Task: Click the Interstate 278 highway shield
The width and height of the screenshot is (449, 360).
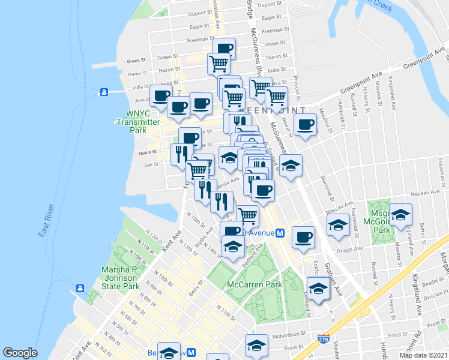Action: (323, 339)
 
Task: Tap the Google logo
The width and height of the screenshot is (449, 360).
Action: (20, 353)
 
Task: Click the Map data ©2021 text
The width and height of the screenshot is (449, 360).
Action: (424, 355)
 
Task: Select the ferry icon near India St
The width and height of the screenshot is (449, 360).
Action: (104, 92)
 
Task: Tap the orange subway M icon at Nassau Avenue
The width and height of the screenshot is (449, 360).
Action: (279, 233)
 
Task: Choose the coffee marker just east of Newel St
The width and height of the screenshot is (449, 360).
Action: (305, 125)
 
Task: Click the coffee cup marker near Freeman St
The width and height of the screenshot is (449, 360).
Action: (224, 49)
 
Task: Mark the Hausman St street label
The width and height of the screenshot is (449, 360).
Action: (439, 171)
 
